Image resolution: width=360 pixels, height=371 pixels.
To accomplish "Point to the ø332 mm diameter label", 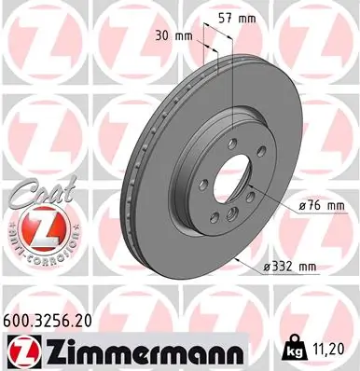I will (291, 268).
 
